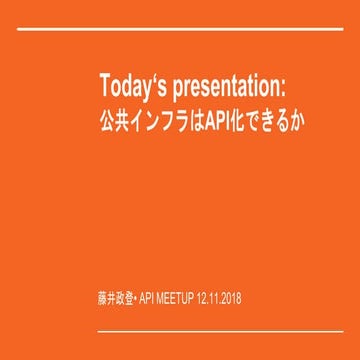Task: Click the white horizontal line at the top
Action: tap(180, 30)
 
